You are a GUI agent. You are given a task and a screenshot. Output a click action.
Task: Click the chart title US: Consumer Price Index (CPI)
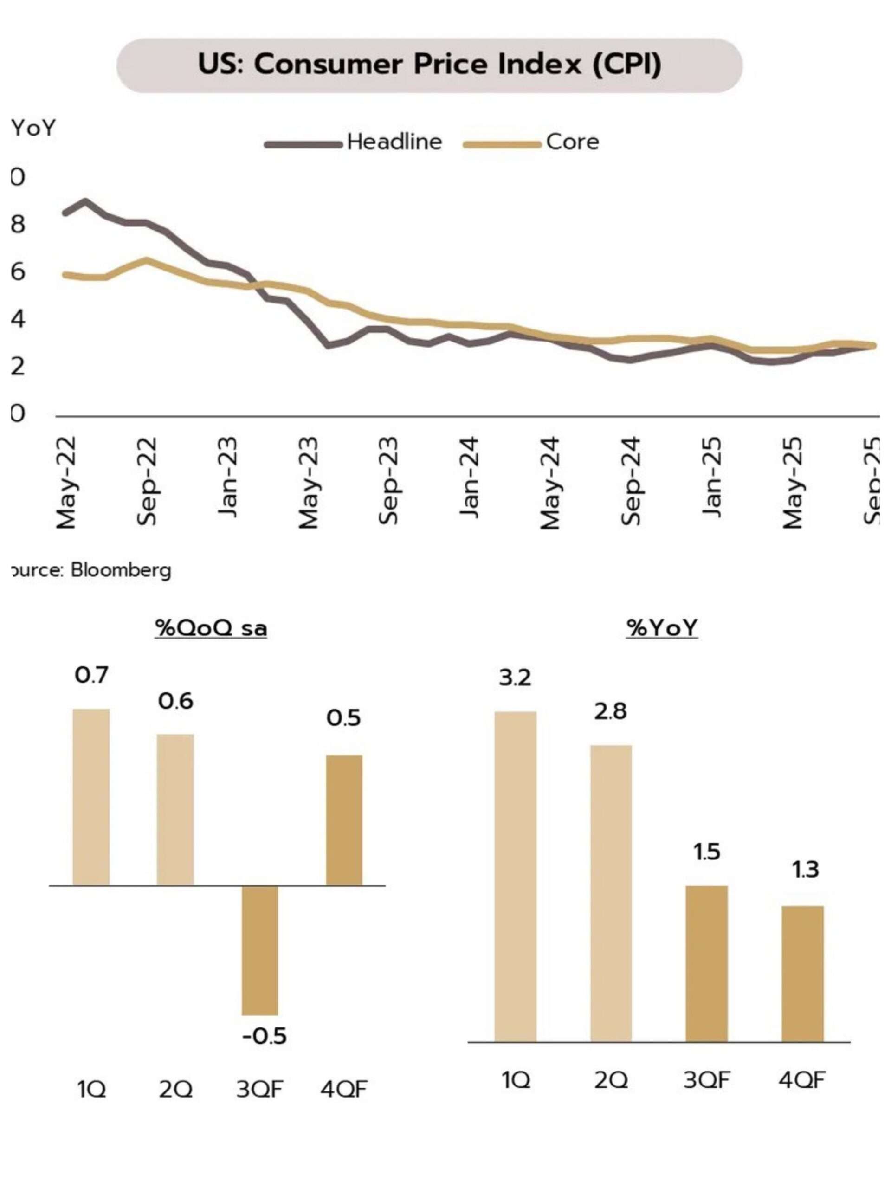pos(429,65)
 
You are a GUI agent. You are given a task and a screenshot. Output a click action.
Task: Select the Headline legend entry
pos(394,142)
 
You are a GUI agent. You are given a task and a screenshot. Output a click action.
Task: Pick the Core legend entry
pos(572,142)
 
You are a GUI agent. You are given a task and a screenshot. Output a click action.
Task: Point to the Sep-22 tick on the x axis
pos(147,481)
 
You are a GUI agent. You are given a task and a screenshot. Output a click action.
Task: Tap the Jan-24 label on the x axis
pos(470,478)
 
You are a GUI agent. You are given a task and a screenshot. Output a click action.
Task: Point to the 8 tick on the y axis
pos(18,225)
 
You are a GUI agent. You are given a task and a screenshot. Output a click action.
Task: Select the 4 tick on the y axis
pos(18,319)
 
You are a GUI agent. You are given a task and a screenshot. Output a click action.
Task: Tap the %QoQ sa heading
pos(211,628)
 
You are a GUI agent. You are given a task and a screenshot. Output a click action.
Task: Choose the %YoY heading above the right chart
pos(662,628)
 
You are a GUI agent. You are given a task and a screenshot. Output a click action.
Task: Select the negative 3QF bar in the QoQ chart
pos(260,950)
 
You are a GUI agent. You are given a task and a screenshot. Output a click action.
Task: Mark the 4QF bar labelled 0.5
pos(344,820)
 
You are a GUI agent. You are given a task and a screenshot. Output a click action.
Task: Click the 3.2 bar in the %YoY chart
pos(515,877)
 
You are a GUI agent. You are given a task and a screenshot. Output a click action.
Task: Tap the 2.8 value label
pos(610,711)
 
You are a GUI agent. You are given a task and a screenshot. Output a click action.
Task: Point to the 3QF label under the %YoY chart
pos(706,1079)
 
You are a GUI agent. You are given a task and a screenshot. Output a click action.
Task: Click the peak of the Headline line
pos(85,202)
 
